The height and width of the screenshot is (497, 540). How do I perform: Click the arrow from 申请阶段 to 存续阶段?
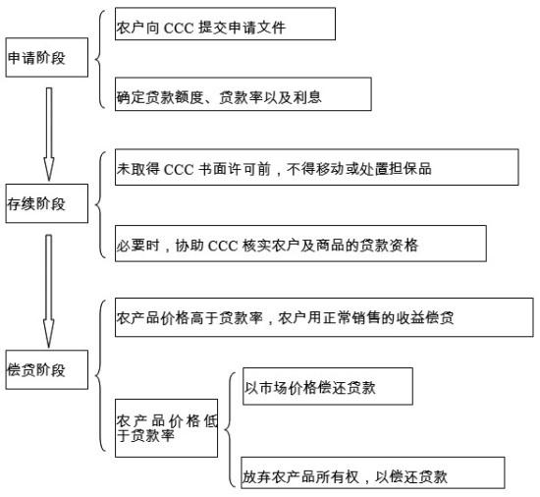(49, 135)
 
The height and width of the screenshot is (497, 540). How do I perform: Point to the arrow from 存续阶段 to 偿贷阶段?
(49, 292)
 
